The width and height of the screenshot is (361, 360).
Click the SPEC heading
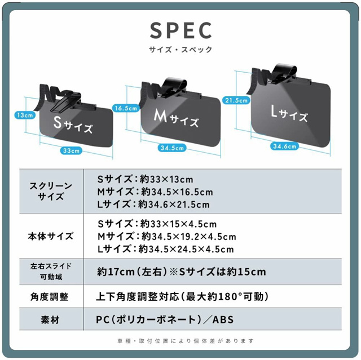(180, 30)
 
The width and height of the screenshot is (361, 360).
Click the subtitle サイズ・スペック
(180, 50)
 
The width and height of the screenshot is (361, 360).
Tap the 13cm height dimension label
(25, 115)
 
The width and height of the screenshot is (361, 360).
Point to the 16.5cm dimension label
(125, 108)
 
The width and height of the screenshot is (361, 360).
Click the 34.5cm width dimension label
(172, 148)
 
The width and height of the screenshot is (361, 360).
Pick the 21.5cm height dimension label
(235, 100)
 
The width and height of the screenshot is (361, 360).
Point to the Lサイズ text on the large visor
(289, 114)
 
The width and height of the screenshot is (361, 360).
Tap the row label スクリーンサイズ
(51, 192)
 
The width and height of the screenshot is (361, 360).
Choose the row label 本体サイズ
(51, 236)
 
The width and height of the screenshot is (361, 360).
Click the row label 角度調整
(51, 296)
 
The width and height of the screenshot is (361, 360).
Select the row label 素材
(51, 319)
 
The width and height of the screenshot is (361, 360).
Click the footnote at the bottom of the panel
(180, 341)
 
